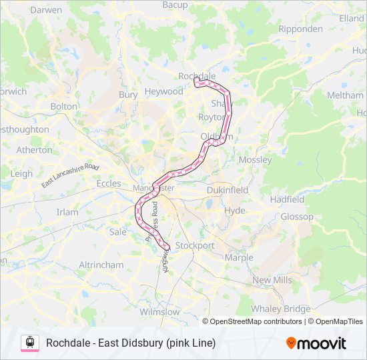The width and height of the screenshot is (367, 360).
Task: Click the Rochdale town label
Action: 197,76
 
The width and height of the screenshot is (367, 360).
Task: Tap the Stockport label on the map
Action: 194,245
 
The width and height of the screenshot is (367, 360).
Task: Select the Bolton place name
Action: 64,106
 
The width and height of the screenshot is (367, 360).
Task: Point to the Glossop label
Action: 296,217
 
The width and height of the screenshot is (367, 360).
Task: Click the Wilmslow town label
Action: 160,311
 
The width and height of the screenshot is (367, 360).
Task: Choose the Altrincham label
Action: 101,265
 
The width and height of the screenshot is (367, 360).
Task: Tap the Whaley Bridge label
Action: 281,309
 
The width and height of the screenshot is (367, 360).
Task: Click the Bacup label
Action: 175,5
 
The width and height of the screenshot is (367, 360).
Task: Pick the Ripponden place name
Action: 302,29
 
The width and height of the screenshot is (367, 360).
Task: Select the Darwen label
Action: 46,10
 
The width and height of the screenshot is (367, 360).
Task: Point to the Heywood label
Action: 163,91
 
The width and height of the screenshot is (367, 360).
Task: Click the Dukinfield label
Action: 227,190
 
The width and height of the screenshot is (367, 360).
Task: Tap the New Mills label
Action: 272,280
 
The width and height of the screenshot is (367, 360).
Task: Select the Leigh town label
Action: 21,173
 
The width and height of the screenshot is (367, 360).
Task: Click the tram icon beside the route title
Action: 30,343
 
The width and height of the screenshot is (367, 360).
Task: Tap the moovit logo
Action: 316,343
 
